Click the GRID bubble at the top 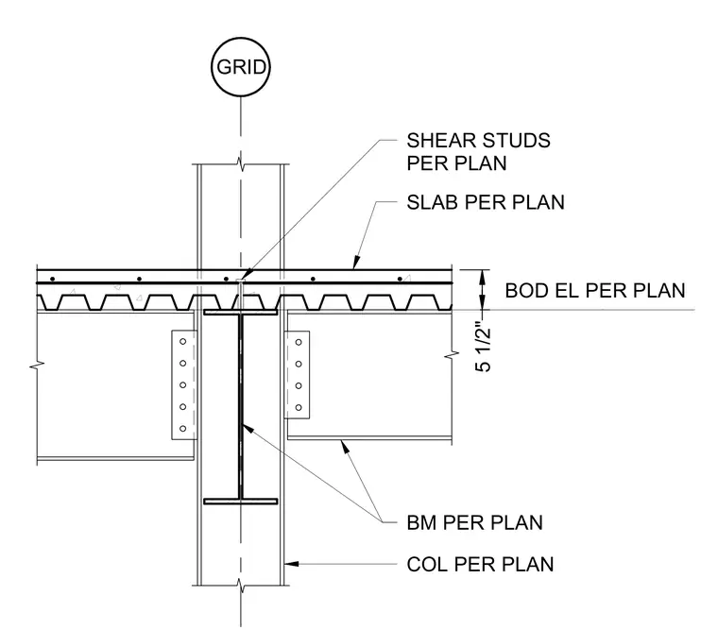pos(241,67)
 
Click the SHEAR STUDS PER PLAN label pos(479,152)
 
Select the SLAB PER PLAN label pos(486,202)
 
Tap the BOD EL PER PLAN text pos(595,291)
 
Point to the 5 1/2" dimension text pos(483,349)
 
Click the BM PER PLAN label pos(474,522)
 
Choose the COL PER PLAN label pos(480,564)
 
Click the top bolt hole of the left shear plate pos(183,342)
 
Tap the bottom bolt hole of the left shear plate pos(183,429)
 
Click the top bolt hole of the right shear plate pos(299,342)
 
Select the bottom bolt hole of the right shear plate pos(299,407)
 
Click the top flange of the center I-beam pos(240,313)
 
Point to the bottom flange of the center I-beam pos(240,502)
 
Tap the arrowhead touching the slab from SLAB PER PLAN pos(356,263)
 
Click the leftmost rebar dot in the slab pos(53,279)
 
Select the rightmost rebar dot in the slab pos(400,279)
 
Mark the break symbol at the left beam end pos(37,366)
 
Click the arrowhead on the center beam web pos(247,429)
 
